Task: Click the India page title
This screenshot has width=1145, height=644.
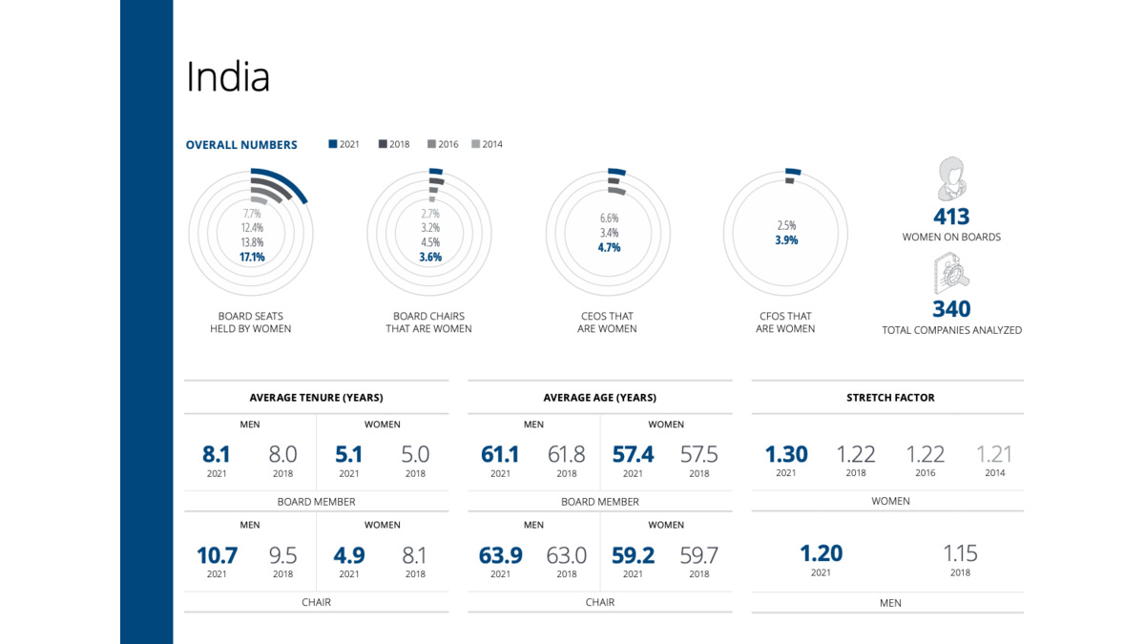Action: tap(228, 77)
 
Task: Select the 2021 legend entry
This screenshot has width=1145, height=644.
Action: tap(344, 145)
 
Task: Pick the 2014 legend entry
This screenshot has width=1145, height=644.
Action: tap(487, 145)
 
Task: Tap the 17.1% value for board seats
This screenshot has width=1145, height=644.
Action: tap(253, 258)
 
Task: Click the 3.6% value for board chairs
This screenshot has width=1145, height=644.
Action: tap(429, 258)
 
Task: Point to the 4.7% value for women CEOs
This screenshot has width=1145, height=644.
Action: tap(609, 247)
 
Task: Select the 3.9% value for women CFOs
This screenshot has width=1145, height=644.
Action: tap(786, 240)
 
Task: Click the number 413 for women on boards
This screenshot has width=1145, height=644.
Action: tap(951, 217)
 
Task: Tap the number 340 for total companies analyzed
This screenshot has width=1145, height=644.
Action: tap(951, 309)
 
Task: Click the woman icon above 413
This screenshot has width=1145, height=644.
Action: tap(951, 178)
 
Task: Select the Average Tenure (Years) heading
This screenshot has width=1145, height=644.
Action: tap(316, 398)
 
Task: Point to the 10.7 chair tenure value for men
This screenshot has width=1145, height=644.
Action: tap(217, 555)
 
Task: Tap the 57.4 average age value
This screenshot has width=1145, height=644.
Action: tap(633, 455)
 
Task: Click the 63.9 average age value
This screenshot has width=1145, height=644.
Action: tap(501, 555)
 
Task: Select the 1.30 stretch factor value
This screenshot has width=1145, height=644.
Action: tap(786, 455)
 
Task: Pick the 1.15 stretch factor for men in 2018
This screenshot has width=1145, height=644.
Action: tap(960, 553)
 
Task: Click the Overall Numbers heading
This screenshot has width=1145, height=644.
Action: tap(241, 145)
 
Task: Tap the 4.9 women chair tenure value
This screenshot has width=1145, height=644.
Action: tap(349, 555)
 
